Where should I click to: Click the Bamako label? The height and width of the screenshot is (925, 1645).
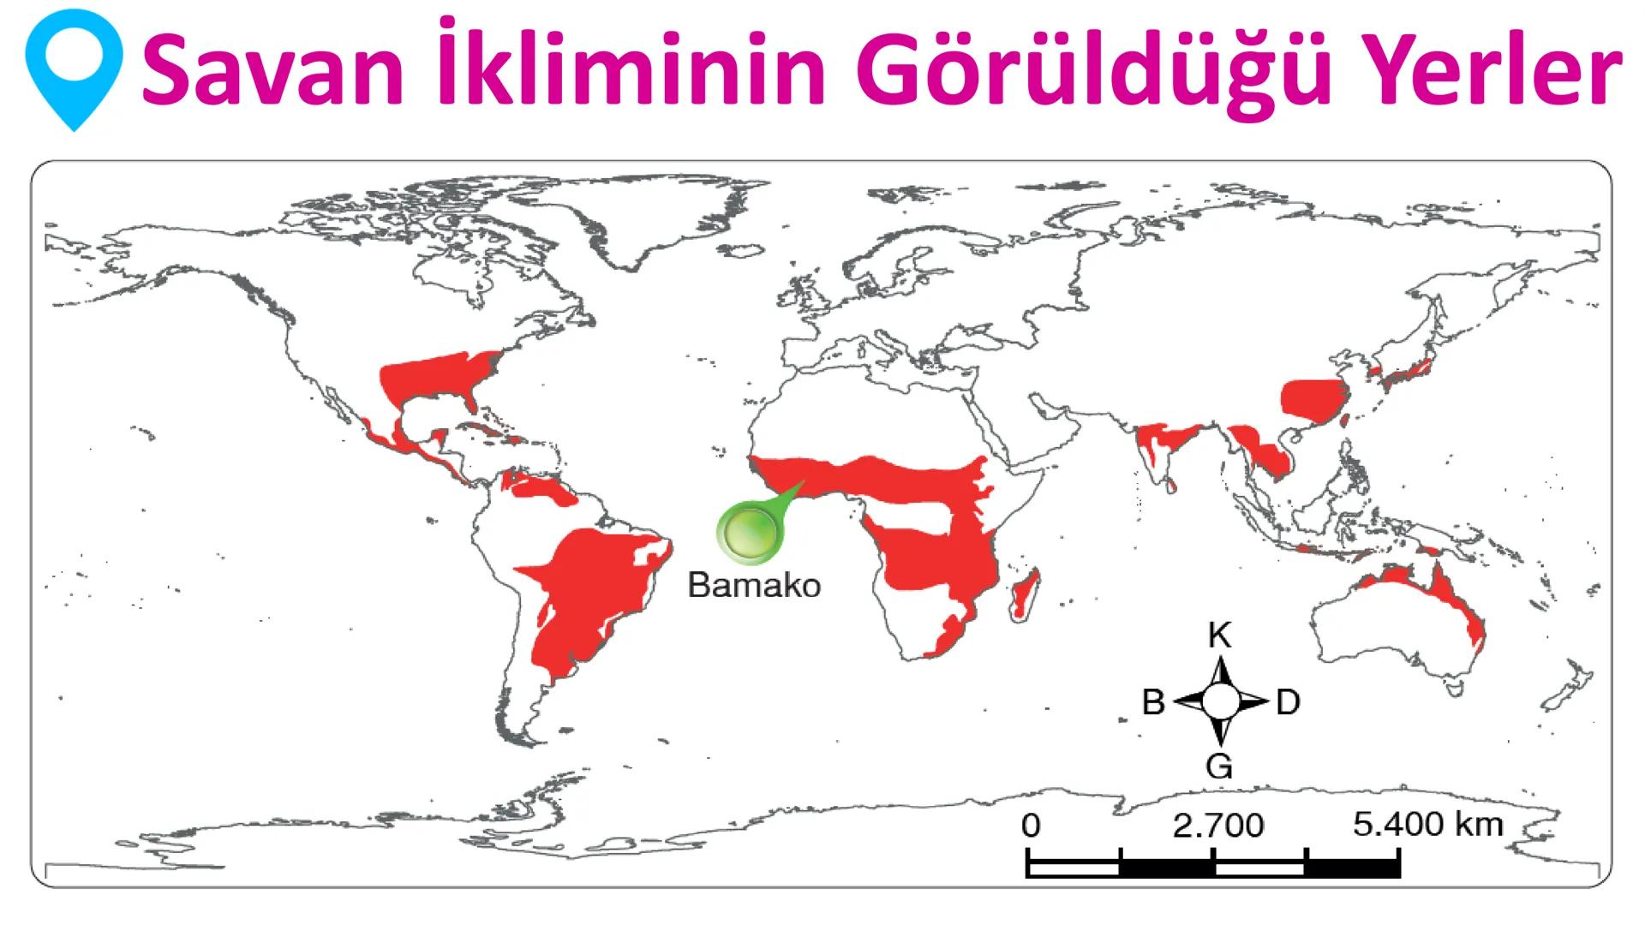pos(754,586)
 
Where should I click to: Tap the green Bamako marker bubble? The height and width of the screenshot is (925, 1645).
pos(749,534)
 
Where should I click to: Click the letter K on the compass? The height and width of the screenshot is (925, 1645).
pos(1219,636)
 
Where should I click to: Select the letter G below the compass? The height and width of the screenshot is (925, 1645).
pos(1219,765)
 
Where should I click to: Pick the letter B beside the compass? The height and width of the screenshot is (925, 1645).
pos(1153,703)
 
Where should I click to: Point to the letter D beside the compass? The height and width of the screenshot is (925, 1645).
pos(1288,703)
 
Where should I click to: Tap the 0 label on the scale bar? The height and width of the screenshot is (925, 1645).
pos(1031,826)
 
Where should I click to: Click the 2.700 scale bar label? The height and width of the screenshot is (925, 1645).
pos(1217,826)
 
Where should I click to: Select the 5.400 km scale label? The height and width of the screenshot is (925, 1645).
pos(1427,824)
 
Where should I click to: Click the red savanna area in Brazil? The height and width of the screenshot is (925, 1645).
pos(591,591)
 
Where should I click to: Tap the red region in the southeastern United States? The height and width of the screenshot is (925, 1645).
pos(437,377)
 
